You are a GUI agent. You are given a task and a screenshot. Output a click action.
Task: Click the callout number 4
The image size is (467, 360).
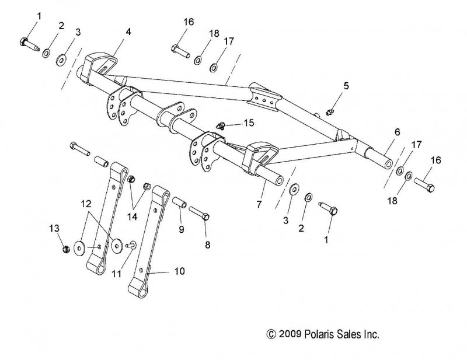pos(128,31)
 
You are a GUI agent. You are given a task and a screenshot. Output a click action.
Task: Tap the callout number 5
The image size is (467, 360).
pos(346,86)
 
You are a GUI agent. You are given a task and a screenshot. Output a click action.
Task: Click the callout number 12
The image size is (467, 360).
pos(86,204)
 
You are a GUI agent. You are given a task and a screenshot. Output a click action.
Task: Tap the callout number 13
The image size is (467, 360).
pos(54,227)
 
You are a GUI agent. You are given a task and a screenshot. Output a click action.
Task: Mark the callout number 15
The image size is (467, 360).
pos(249,123)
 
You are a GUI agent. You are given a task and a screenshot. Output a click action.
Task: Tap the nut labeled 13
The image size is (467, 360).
pos(65,249)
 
